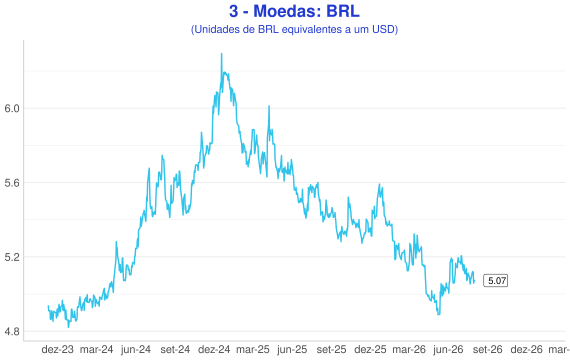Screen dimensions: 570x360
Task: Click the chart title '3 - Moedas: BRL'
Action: pyautogui.click(x=294, y=11)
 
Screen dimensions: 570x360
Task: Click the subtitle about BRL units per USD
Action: pyautogui.click(x=294, y=29)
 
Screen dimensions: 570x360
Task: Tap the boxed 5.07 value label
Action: pyautogui.click(x=495, y=281)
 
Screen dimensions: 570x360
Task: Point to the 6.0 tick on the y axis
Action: pyautogui.click(x=12, y=108)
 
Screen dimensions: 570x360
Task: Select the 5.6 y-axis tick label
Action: pyautogui.click(x=12, y=183)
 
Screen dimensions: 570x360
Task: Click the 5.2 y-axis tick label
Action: pyautogui.click(x=12, y=257)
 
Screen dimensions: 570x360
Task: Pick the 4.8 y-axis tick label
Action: pyautogui.click(x=12, y=332)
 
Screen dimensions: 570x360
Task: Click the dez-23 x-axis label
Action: pyautogui.click(x=57, y=349)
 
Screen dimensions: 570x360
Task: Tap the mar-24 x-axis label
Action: pyautogui.click(x=96, y=349)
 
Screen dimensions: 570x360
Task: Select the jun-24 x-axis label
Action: pyautogui.click(x=136, y=349)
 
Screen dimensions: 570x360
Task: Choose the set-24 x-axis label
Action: pyautogui.click(x=175, y=349)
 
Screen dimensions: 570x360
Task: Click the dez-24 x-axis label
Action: pyautogui.click(x=214, y=349)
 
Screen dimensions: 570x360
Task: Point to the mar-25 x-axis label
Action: pyautogui.click(x=253, y=349)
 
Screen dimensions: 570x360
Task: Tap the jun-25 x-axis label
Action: pyautogui.click(x=292, y=349)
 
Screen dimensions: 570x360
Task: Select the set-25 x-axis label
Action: pyautogui.click(x=331, y=349)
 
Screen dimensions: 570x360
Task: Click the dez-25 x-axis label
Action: pyautogui.click(x=370, y=349)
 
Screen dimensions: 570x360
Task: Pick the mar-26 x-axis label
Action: pyautogui.click(x=409, y=349)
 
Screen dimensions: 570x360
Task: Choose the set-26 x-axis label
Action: pyautogui.click(x=487, y=349)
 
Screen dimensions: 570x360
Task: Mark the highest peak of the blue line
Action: pyautogui.click(x=221, y=54)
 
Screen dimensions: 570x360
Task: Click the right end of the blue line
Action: pyautogui.click(x=474, y=280)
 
